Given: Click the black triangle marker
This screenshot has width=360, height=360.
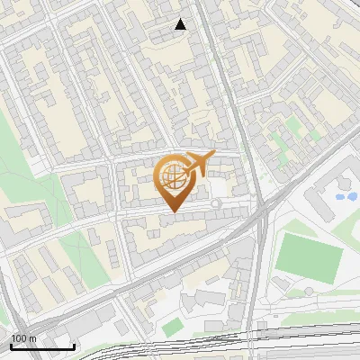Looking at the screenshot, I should pyautogui.click(x=181, y=24).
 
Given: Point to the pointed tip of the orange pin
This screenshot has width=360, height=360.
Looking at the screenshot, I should pyautogui.click(x=172, y=211).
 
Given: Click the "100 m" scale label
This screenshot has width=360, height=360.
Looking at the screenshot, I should pyautogui.click(x=24, y=338).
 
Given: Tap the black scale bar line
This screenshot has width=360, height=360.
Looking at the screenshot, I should pyautogui.click(x=42, y=346).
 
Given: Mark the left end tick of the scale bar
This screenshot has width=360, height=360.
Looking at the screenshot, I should pyautogui.click(x=12, y=345).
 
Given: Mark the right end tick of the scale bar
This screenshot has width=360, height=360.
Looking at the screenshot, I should pyautogui.click(x=74, y=345).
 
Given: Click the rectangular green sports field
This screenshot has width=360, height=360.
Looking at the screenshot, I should pyautogui.click(x=309, y=256).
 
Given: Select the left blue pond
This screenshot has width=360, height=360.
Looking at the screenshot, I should pyautogui.click(x=340, y=196).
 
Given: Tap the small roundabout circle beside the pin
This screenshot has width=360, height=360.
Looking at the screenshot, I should pyautogui.click(x=215, y=204).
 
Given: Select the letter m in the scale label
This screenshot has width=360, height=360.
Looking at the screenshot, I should pyautogui.click(x=33, y=338).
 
